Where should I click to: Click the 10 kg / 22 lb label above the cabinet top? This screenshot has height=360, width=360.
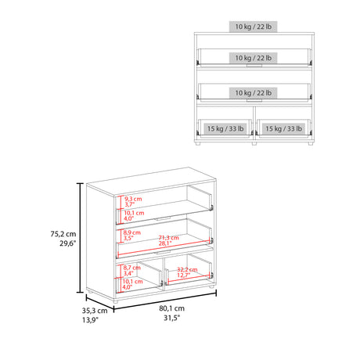click(x=253, y=27)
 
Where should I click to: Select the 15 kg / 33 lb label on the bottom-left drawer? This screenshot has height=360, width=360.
click(x=225, y=128)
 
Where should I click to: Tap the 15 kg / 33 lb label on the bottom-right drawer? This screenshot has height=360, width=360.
click(x=284, y=128)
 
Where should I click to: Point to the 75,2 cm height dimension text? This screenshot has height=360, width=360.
click(x=60, y=233)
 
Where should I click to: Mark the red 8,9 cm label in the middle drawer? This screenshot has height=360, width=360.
click(x=131, y=232)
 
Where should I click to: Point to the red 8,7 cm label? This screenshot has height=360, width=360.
click(x=131, y=267)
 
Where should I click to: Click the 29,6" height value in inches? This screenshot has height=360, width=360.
click(x=62, y=243)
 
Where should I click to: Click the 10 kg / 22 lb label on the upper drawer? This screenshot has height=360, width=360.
click(x=253, y=58)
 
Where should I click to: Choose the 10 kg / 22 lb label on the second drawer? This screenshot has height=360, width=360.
click(x=253, y=93)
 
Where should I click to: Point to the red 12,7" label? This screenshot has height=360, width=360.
click(x=184, y=275)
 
